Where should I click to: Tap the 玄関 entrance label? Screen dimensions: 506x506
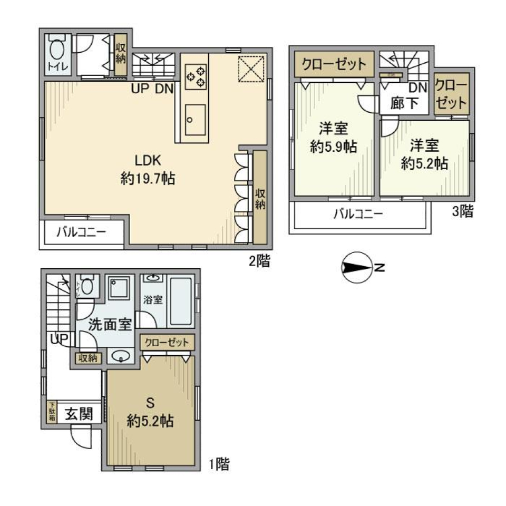pyautogui.click(x=79, y=414)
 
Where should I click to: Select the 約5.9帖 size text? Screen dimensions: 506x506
pyautogui.click(x=333, y=148)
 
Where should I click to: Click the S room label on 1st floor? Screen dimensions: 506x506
pyautogui.click(x=150, y=403)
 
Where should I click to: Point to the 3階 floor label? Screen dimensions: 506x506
pyautogui.click(x=462, y=212)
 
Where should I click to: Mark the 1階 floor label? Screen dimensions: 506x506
pyautogui.click(x=218, y=464)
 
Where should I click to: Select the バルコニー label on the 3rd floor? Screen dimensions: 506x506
pyautogui.click(x=357, y=214)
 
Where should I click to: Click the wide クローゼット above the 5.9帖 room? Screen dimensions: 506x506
pyautogui.click(x=333, y=65)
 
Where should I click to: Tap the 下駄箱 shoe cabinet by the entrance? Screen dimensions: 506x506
pyautogui.click(x=52, y=412)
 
